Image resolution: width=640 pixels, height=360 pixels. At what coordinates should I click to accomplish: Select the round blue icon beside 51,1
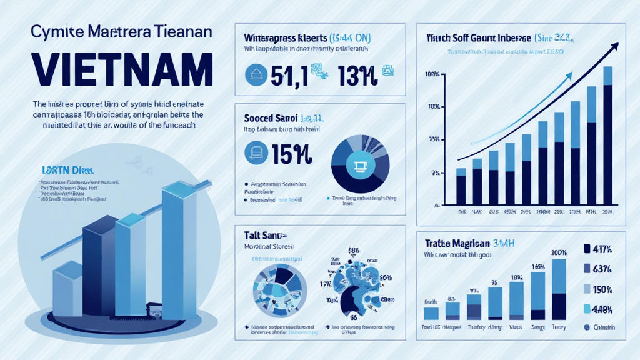[254, 74]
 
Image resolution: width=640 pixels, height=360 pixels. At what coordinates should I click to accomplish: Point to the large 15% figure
[294, 152]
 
